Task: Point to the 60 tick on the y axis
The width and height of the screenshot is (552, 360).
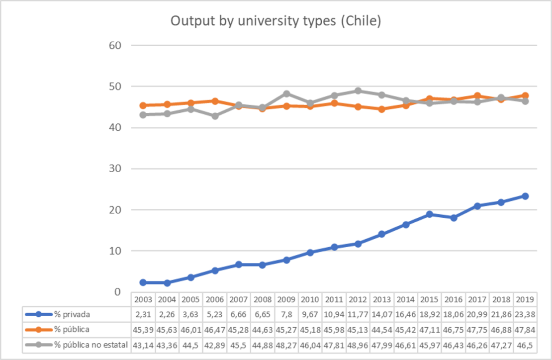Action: click(116, 46)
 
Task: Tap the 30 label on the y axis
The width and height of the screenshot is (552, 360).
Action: click(116, 169)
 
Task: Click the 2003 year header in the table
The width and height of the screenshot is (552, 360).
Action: click(143, 300)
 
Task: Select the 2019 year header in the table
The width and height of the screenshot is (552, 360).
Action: click(525, 300)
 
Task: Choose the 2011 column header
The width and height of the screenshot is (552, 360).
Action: click(334, 300)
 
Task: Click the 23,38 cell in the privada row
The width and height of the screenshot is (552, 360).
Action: click(525, 315)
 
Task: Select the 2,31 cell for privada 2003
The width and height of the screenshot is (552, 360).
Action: click(143, 315)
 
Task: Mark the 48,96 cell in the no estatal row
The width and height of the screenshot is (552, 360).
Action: click(358, 345)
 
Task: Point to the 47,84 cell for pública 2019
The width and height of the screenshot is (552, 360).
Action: click(525, 330)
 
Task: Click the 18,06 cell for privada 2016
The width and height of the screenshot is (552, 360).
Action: click(453, 315)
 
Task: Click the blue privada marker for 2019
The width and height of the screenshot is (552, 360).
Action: click(525, 196)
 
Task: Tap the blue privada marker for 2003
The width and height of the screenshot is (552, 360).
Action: click(143, 282)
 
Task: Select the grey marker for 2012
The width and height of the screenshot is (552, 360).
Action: click(358, 91)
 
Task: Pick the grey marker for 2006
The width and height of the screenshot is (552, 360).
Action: click(215, 116)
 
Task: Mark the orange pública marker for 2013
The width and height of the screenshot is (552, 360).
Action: click(382, 109)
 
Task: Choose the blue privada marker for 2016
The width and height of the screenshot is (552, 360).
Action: click(453, 218)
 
